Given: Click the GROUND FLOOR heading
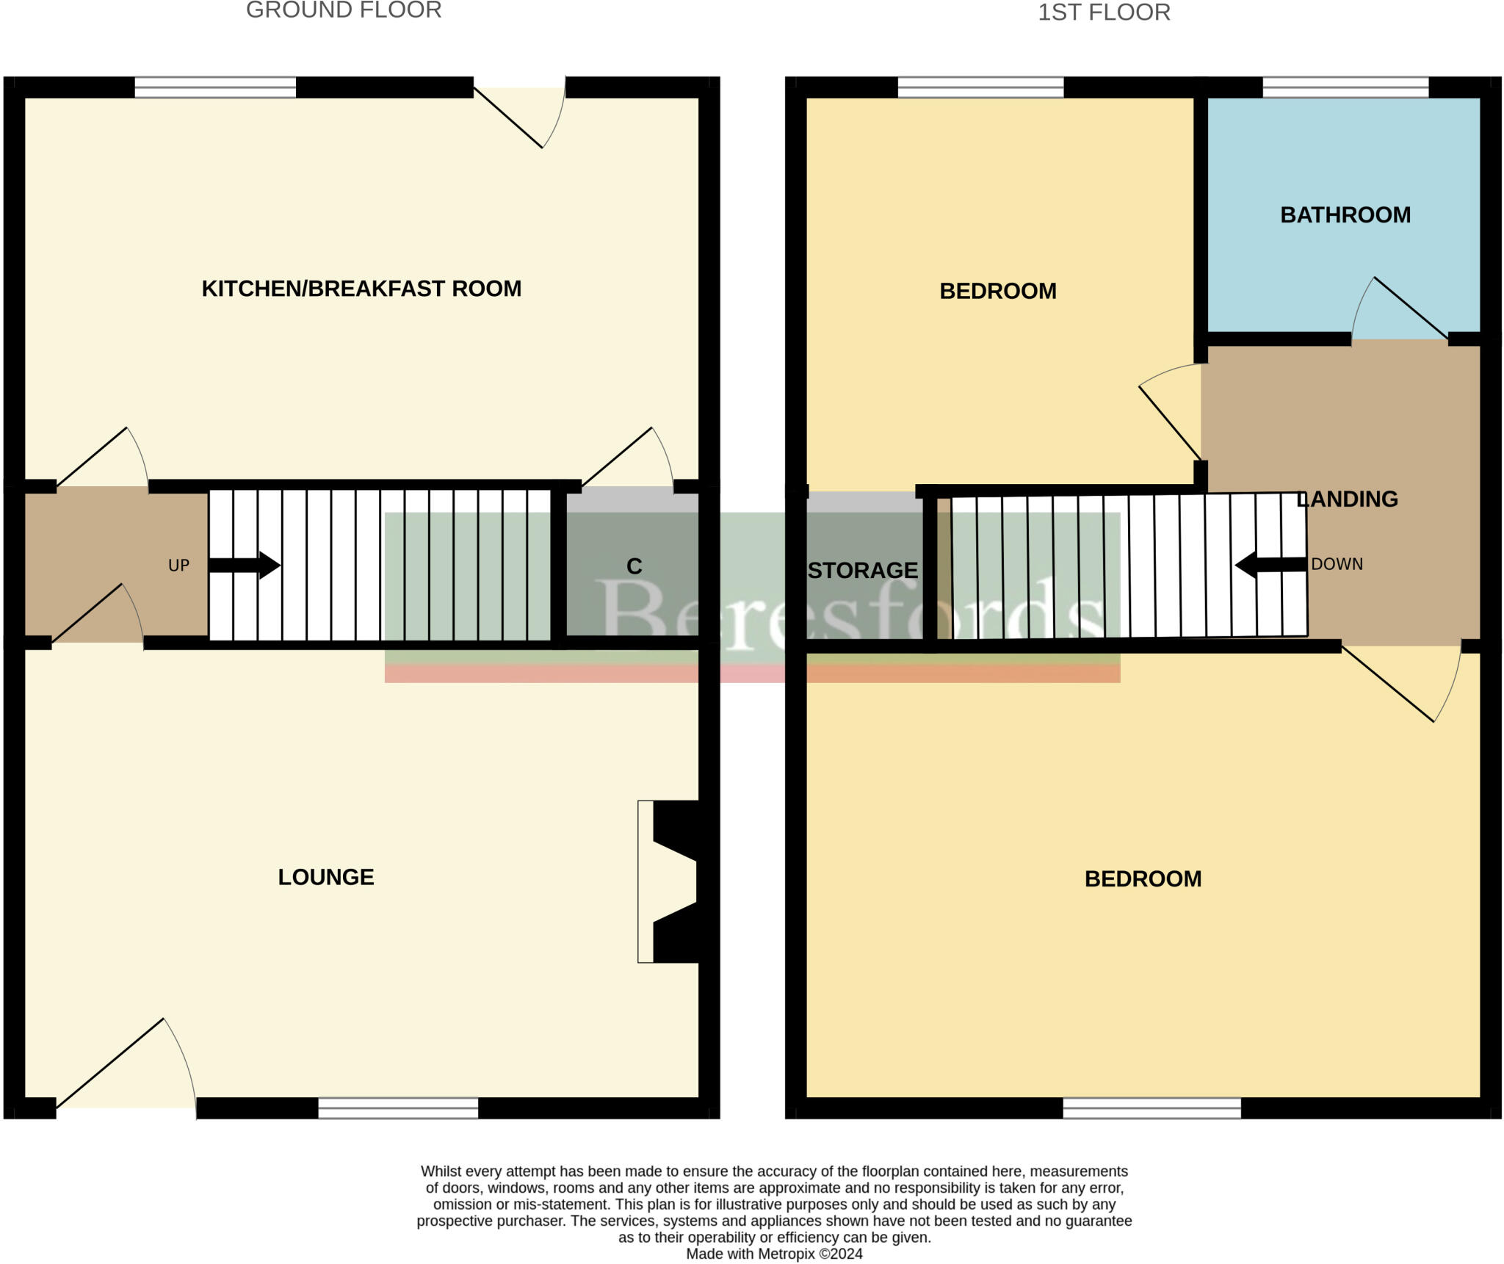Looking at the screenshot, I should click(344, 10).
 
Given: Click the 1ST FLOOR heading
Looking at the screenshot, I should click(1103, 12).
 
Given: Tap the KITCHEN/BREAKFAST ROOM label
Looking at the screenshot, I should click(361, 289).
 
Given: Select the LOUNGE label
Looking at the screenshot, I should click(326, 877).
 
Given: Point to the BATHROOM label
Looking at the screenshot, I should click(1345, 215).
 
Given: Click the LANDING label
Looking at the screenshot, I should click(1348, 499).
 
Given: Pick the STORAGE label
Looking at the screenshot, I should click(863, 571).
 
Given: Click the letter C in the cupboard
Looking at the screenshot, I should click(634, 566).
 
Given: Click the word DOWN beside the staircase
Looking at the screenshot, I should click(1337, 564).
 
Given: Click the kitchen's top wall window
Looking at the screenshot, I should click(215, 87).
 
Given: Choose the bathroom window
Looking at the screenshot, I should click(1345, 87).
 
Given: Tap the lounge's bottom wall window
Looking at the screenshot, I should click(398, 1108).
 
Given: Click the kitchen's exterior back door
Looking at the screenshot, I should click(518, 118).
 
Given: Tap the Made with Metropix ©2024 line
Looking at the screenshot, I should click(774, 1254).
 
